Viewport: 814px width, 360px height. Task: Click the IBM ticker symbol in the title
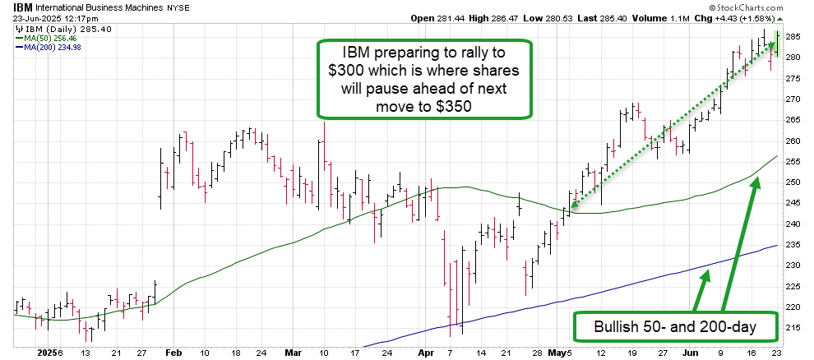pos(12,7)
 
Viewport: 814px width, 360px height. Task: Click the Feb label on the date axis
pos(173,353)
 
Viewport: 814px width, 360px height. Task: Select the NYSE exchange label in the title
pos(156,7)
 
